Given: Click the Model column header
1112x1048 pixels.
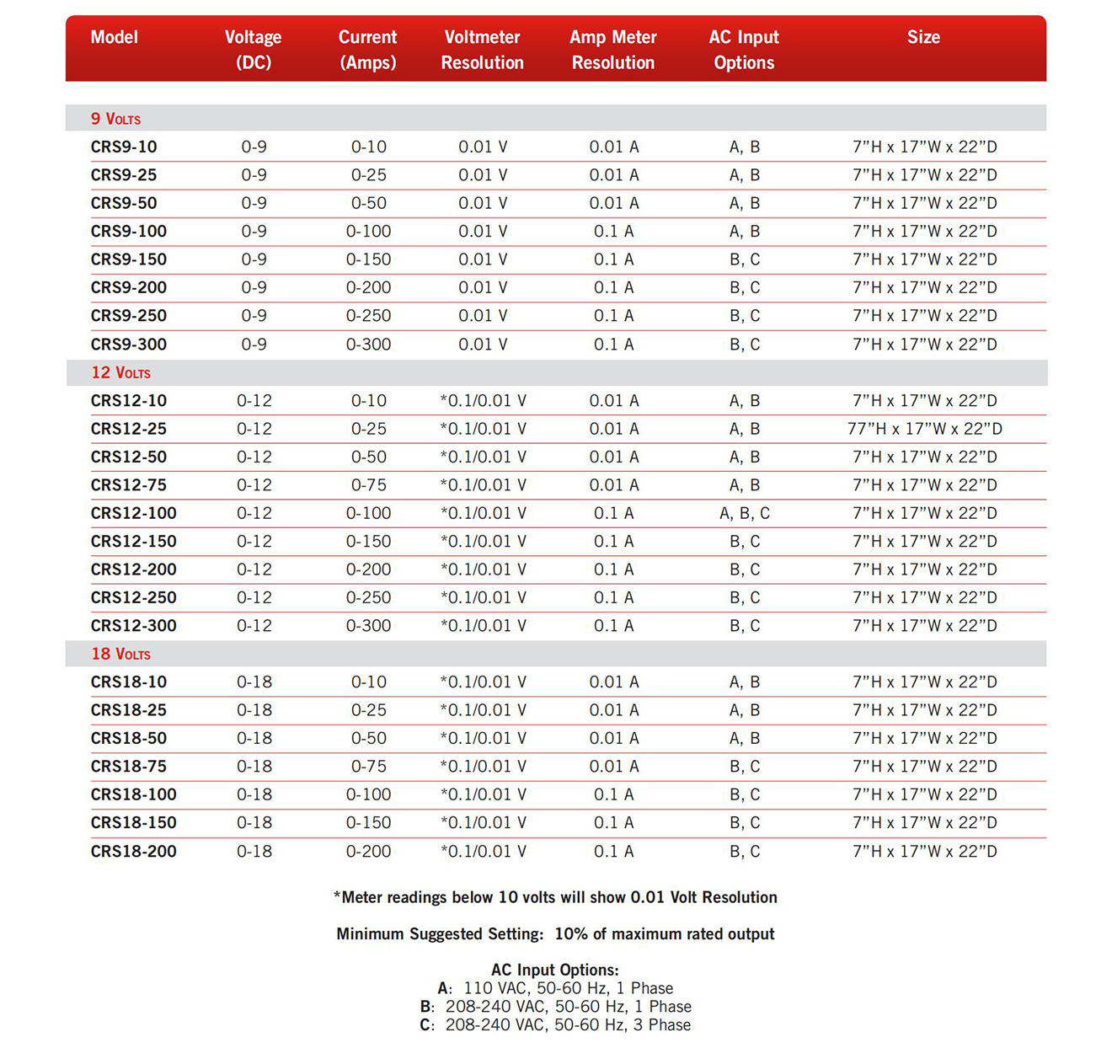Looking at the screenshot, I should [114, 38].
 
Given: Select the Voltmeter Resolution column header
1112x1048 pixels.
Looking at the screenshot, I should [482, 50].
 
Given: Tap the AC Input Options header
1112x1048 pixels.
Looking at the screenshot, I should [743, 50].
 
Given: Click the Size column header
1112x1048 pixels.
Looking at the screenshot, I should [923, 38].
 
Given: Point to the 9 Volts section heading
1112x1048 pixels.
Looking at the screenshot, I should [115, 119].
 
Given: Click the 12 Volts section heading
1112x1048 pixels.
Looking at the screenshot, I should [120, 372].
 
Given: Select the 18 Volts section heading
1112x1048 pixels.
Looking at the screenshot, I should [120, 654].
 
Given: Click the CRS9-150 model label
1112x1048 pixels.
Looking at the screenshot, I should [129, 259].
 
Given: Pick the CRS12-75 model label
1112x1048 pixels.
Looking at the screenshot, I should [129, 485].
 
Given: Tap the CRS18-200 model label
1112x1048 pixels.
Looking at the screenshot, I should [134, 852].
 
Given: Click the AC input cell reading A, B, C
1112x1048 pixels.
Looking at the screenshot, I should [745, 513].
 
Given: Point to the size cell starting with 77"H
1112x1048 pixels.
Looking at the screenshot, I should [924, 429].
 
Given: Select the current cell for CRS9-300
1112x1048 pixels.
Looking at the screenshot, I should [368, 345].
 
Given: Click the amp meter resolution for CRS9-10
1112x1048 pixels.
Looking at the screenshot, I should [613, 147].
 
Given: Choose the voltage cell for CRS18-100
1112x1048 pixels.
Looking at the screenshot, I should [254, 794].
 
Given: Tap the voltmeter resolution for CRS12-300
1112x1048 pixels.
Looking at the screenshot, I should [483, 626].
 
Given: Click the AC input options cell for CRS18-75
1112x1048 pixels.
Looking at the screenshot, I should [745, 767].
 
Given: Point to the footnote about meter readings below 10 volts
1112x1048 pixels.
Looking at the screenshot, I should [555, 897].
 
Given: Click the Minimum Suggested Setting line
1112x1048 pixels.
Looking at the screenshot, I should [555, 934].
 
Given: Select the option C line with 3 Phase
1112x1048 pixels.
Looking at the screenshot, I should [556, 1025].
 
